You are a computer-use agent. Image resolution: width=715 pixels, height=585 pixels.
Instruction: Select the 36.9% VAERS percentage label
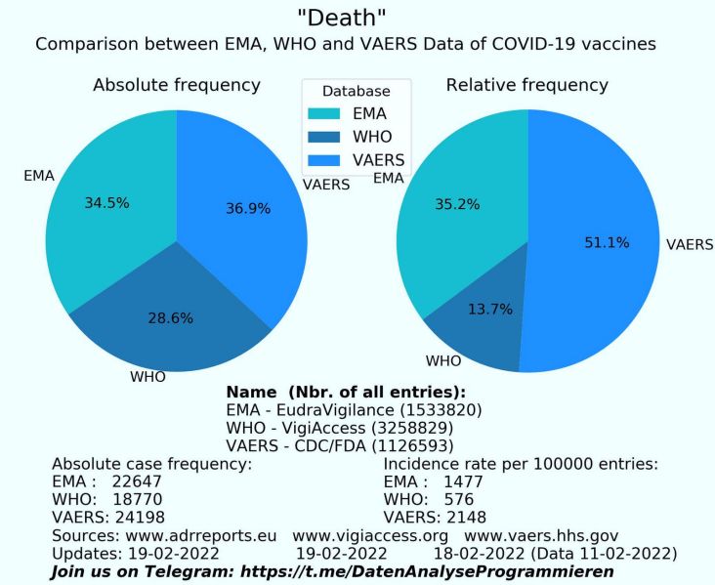point(248,208)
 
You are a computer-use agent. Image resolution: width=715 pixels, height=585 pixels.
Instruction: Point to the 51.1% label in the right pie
point(606,242)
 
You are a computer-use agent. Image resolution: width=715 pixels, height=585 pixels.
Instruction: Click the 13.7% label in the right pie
point(463,309)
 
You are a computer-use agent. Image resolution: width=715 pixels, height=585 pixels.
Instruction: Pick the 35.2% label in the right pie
point(457,205)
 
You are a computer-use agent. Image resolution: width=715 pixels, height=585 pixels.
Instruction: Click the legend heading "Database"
point(357,92)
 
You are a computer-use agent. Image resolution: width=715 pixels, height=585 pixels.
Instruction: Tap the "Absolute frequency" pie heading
point(177,86)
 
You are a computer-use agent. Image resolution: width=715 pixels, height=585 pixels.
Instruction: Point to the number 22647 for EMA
point(136,481)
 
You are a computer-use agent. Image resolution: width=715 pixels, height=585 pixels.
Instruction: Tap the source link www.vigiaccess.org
point(370,535)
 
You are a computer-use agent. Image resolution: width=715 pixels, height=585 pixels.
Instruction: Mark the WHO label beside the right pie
point(442,360)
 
